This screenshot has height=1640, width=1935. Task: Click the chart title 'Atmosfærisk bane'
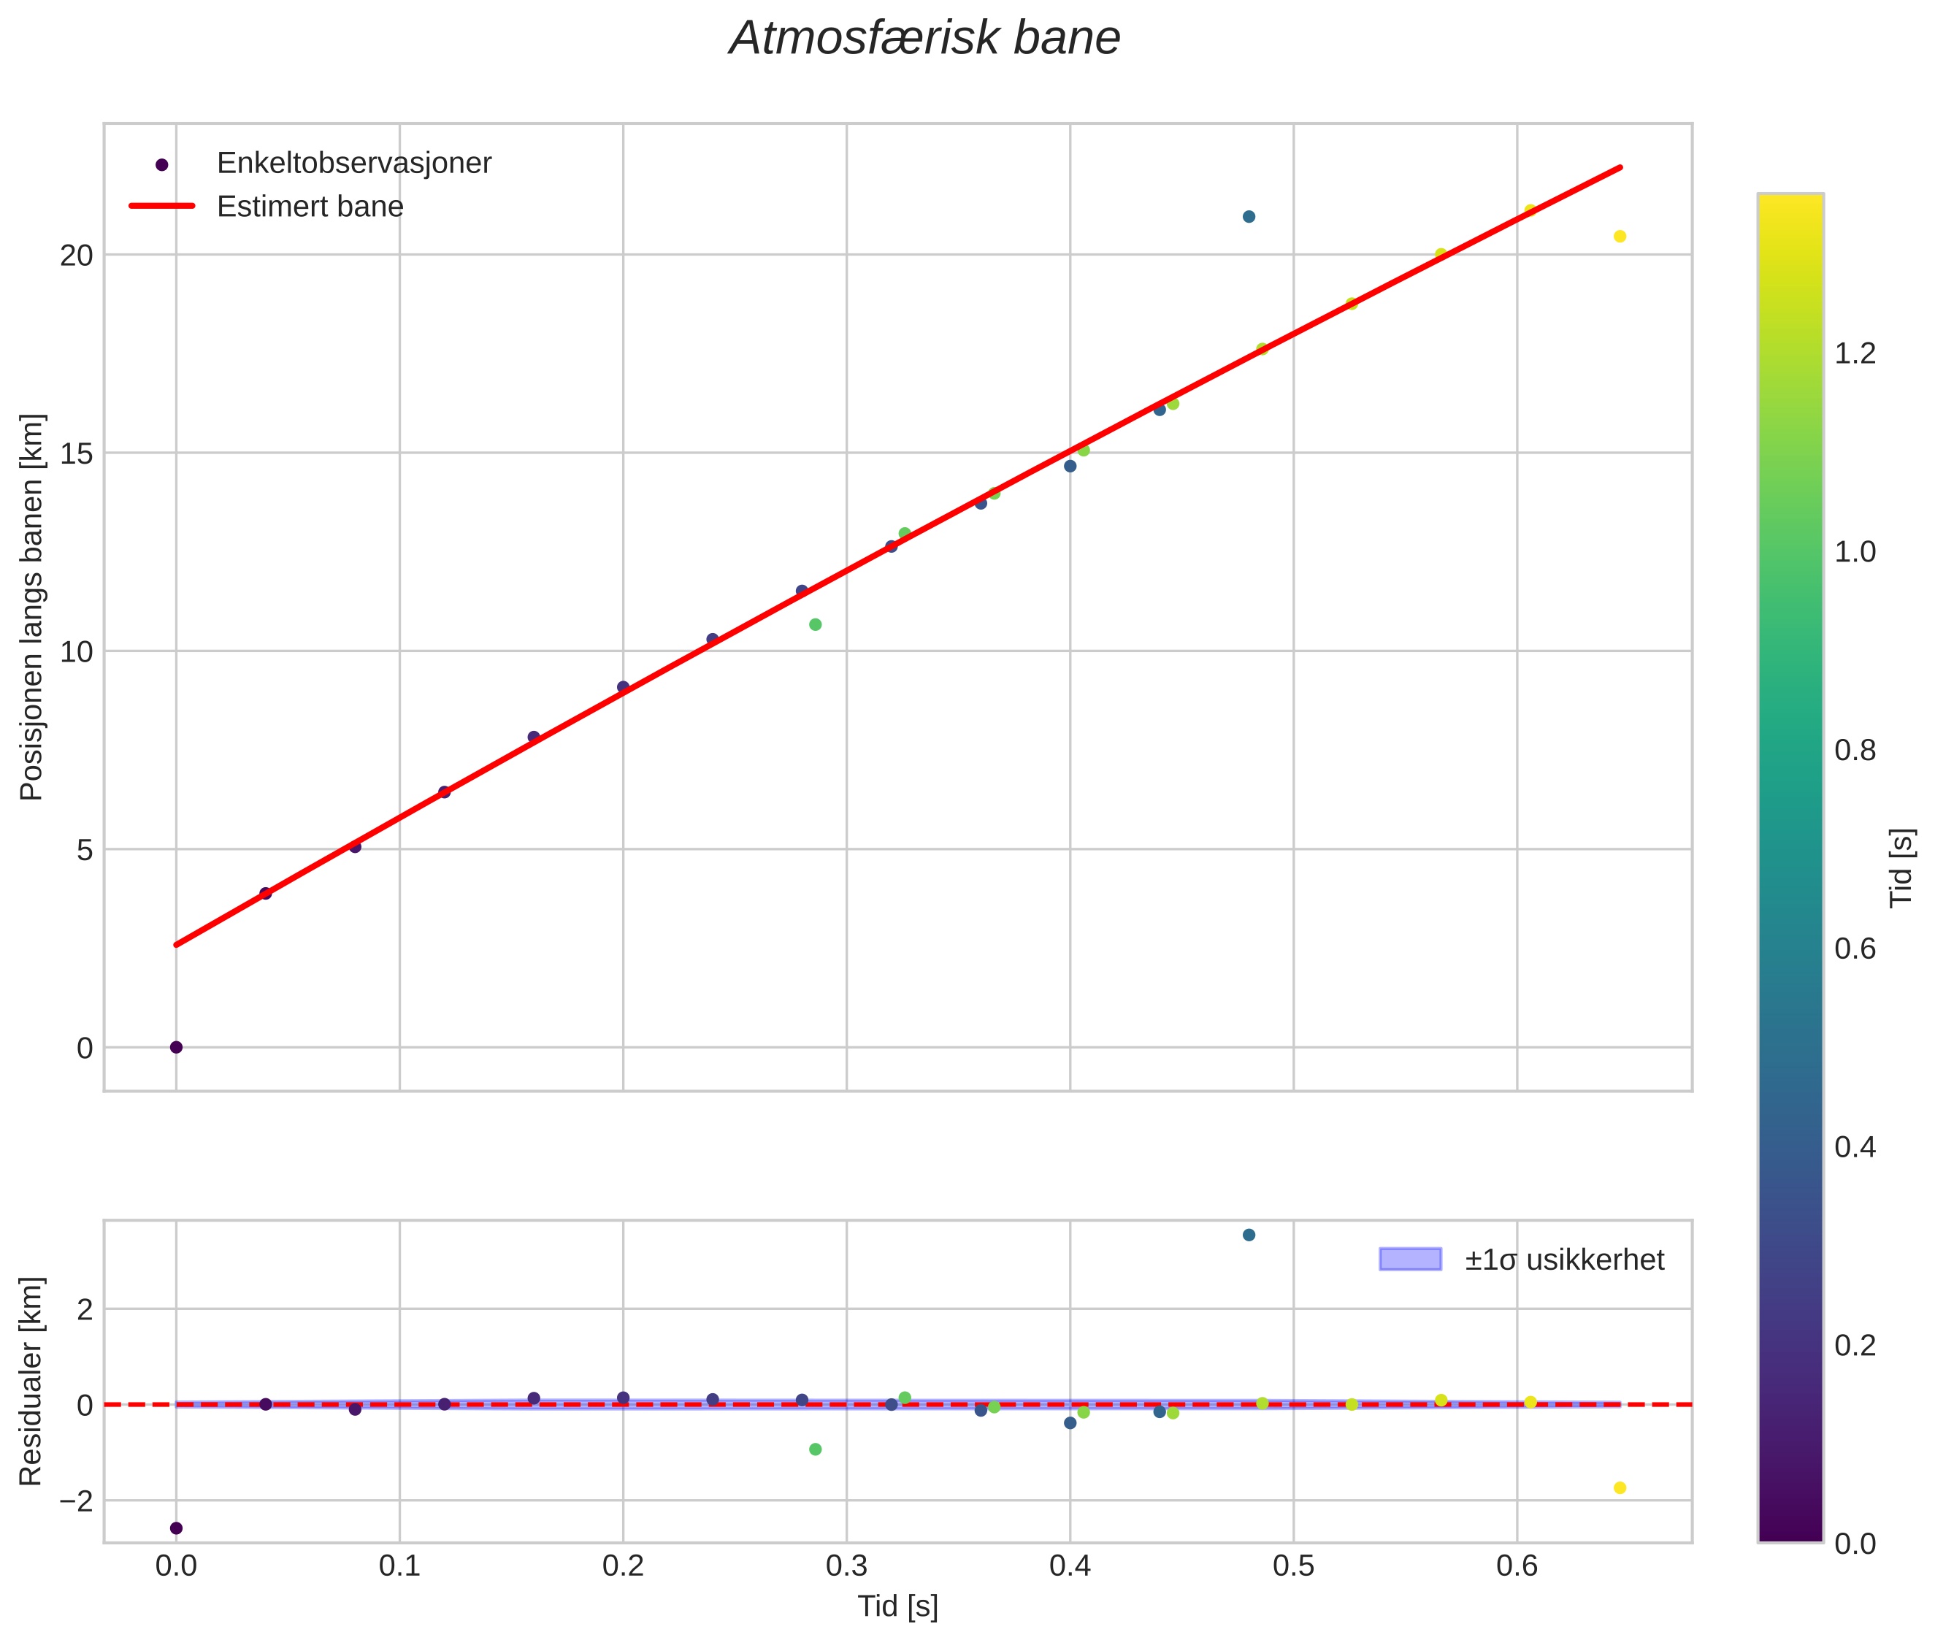924,39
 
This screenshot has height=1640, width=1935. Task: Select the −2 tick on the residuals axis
76,1501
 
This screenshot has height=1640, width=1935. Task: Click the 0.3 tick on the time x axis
846,1566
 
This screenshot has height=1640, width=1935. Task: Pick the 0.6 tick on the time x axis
1517,1566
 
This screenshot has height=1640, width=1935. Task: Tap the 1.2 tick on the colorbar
1855,353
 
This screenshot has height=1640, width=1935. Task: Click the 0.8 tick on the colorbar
1855,751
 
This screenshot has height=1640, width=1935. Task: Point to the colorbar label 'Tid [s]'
1902,867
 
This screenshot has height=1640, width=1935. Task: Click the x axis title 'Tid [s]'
897,1606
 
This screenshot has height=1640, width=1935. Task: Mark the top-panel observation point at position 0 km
176,1047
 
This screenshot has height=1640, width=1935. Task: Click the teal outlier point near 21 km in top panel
1249,217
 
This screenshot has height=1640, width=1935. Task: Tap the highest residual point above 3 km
1249,1235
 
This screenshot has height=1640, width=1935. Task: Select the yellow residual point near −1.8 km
1620,1487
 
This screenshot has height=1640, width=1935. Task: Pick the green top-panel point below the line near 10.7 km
816,625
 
